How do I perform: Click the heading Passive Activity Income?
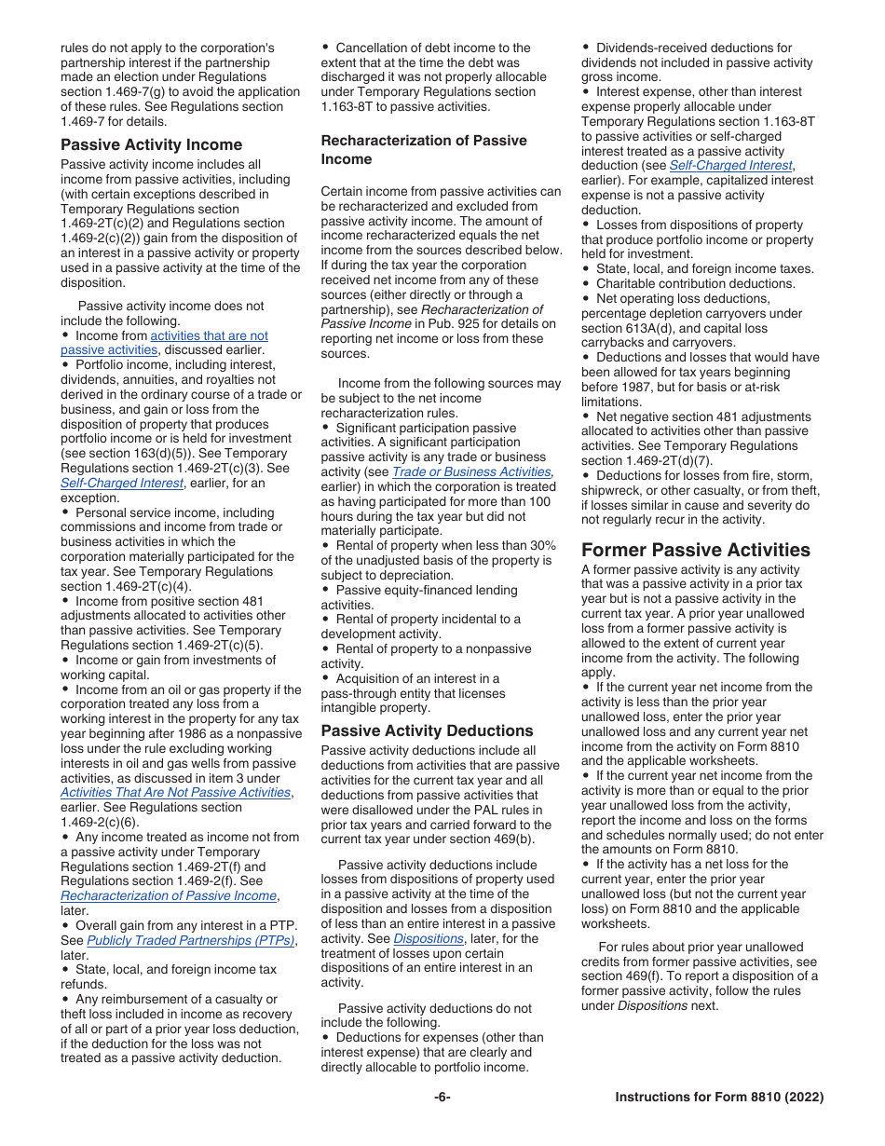(151, 144)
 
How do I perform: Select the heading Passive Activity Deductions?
(428, 730)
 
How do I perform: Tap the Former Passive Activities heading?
(695, 550)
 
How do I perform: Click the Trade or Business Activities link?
(471, 471)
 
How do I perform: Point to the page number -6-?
(442, 1097)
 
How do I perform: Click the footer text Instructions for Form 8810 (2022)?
(719, 1097)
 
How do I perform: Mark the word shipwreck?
(615, 490)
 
